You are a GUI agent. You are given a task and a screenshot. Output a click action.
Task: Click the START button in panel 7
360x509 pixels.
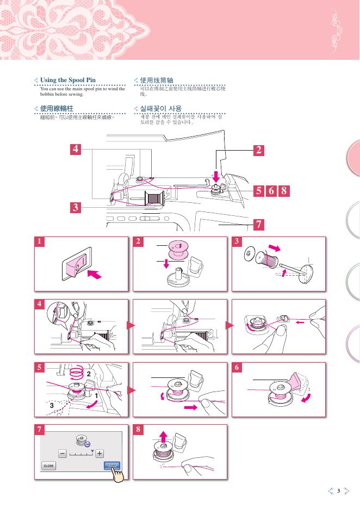tap(111, 466)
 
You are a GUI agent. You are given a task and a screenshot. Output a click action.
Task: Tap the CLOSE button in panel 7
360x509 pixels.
tap(49, 466)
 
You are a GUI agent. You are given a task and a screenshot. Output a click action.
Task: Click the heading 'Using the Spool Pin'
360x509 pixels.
tap(68, 80)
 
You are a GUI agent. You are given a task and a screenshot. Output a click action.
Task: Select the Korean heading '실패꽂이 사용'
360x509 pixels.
tap(161, 108)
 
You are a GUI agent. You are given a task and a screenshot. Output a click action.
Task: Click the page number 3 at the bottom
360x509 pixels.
tap(338, 491)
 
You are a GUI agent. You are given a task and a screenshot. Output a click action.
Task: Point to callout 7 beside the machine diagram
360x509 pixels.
tap(259, 224)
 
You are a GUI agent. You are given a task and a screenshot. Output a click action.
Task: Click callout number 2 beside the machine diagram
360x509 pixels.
tap(259, 150)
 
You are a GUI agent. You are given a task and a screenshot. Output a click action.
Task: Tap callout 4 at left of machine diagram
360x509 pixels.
tap(77, 149)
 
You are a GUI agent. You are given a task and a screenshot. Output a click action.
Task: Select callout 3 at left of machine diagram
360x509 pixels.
tap(77, 207)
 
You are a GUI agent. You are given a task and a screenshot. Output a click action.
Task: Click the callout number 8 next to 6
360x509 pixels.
tap(283, 191)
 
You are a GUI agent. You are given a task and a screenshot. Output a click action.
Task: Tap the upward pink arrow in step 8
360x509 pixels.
tap(164, 436)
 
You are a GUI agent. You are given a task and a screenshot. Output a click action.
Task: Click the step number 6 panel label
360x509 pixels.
tap(237, 368)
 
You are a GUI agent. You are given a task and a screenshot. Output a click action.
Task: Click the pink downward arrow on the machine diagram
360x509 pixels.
tap(216, 176)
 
